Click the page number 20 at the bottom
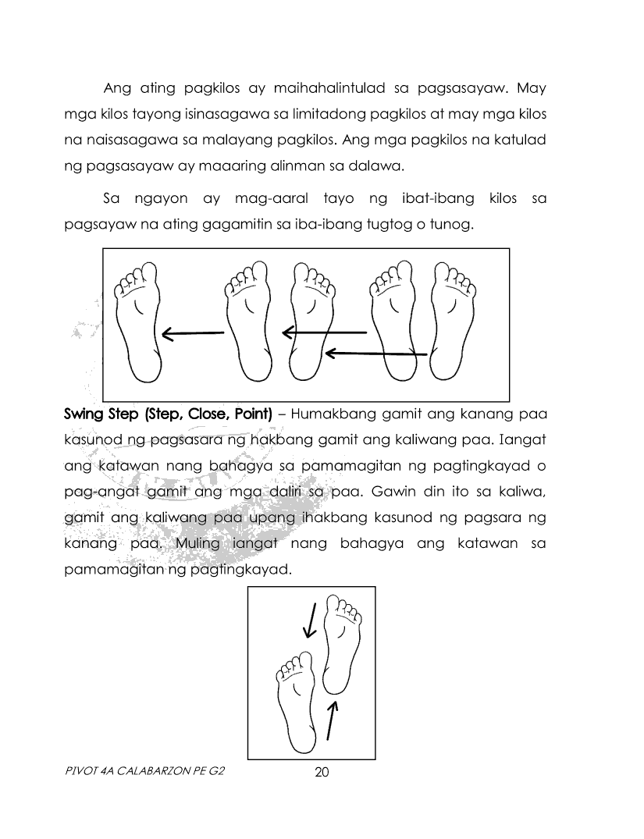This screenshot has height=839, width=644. point(322,773)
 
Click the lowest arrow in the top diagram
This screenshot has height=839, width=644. point(375,354)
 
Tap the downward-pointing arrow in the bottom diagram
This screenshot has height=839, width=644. point(310,620)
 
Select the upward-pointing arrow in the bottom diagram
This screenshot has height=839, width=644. point(333,719)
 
